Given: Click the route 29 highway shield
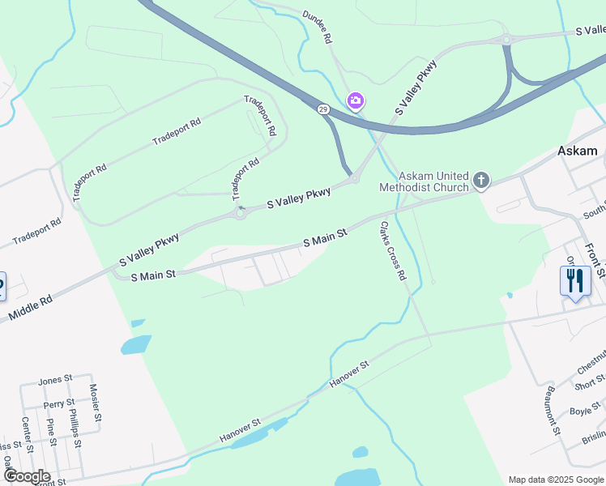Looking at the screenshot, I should click(322, 109).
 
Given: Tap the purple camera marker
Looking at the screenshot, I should click(355, 101).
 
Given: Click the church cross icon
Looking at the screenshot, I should click(481, 180).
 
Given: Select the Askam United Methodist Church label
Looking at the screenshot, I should click(424, 181).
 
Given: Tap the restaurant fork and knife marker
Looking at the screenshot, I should click(574, 281).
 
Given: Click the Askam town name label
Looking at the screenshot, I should click(577, 151).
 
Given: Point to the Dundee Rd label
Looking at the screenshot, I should click(318, 27).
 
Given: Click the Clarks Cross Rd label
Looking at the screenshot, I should click(390, 252).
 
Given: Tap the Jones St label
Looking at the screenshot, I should click(56, 379).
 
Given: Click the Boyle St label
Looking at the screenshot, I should click(580, 411).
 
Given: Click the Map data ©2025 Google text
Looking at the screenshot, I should click(555, 480).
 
